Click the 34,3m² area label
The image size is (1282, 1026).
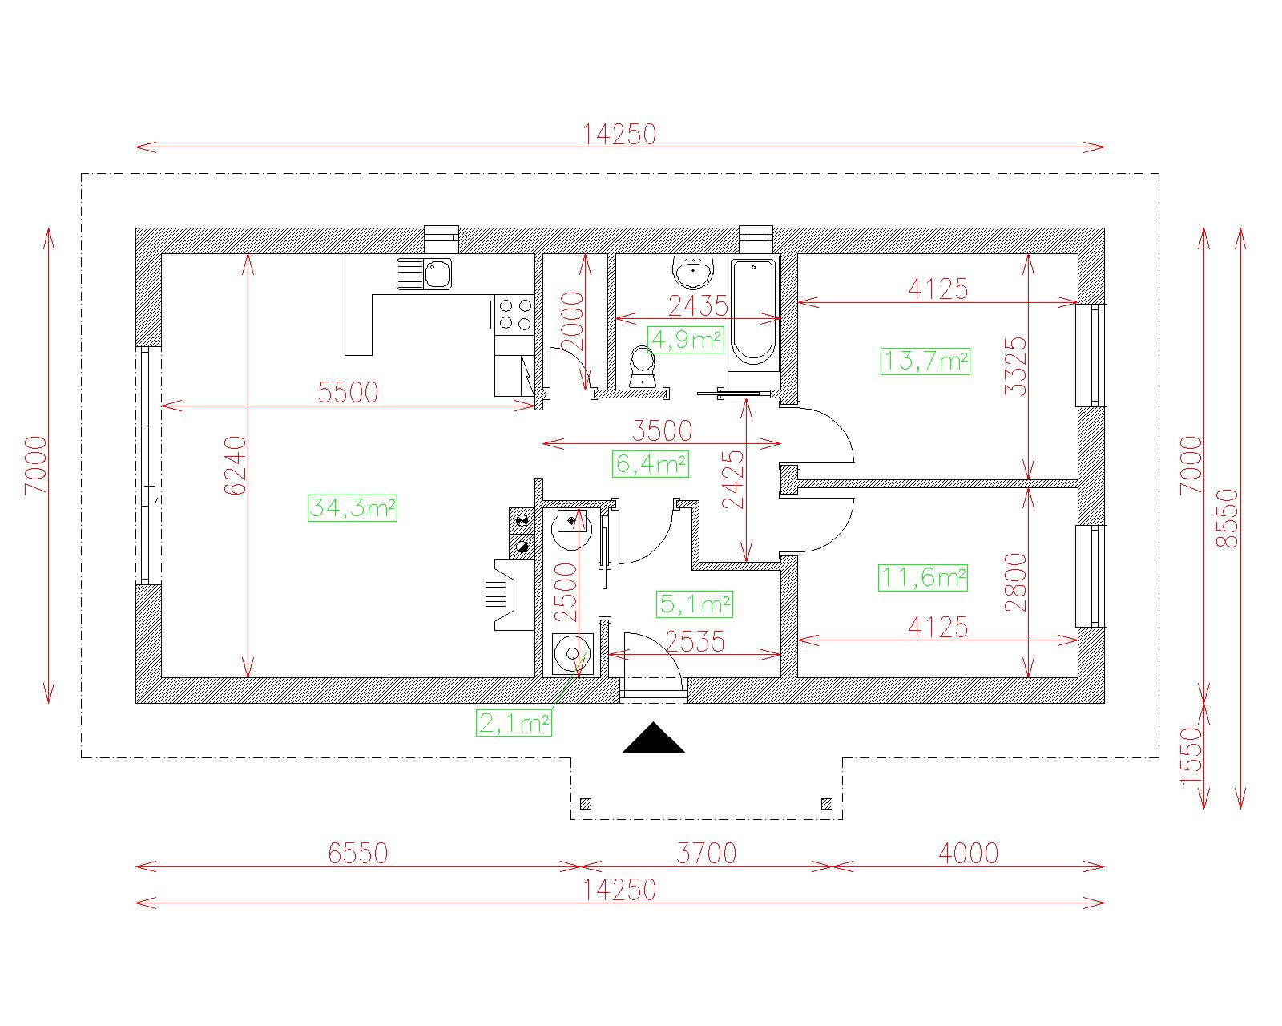[352, 508]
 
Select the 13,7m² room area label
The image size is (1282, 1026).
[925, 362]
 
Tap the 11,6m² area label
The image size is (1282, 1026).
[923, 578]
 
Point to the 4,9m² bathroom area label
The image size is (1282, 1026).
[686, 340]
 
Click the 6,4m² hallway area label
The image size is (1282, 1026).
[651, 464]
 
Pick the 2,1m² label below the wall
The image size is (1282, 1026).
[514, 724]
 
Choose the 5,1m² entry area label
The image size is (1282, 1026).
[695, 604]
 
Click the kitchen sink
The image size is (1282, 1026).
[424, 273]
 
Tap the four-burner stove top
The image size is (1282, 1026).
[514, 314]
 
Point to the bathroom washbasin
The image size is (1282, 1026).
[693, 272]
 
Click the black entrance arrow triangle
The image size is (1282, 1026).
[654, 737]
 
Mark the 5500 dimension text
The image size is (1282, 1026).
[348, 392]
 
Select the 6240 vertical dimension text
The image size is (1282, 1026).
[236, 466]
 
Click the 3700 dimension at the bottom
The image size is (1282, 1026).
[706, 854]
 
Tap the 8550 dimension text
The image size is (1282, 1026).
[1228, 518]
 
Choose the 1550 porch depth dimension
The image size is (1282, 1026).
[1191, 756]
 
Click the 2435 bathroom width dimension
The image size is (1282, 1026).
[698, 306]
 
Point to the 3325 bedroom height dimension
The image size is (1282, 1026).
[1016, 366]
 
